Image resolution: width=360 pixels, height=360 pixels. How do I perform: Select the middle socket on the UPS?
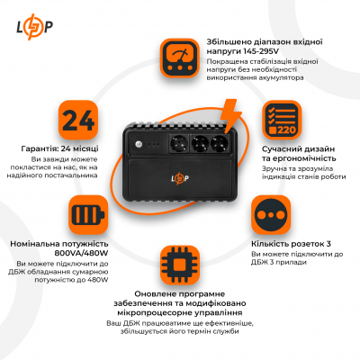tap(196, 143)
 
